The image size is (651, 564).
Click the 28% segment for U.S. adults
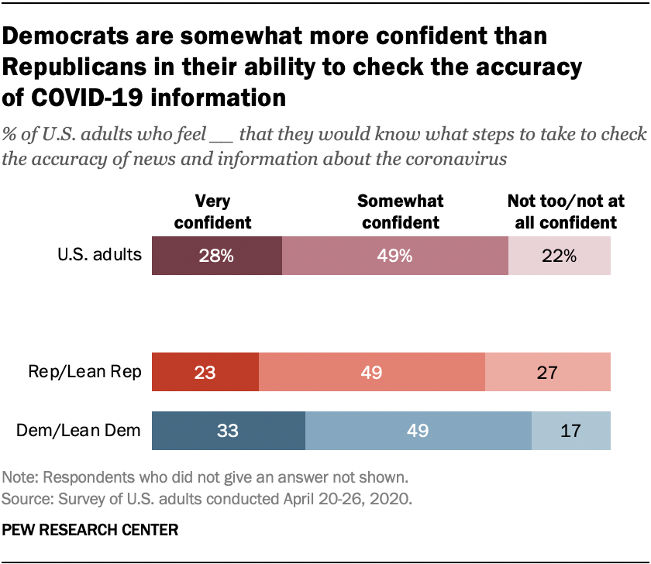point(216,256)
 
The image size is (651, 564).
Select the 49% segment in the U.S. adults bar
point(394,256)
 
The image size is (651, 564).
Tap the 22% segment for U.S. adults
point(559,256)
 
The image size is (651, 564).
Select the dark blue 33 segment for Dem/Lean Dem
point(229,431)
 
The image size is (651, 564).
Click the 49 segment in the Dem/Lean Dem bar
point(418,431)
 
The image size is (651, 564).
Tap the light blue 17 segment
point(570,431)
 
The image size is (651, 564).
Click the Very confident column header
point(213,211)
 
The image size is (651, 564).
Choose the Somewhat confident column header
point(400,211)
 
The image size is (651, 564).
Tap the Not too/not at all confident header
point(562,211)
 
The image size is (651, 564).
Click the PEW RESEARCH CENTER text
point(91,531)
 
